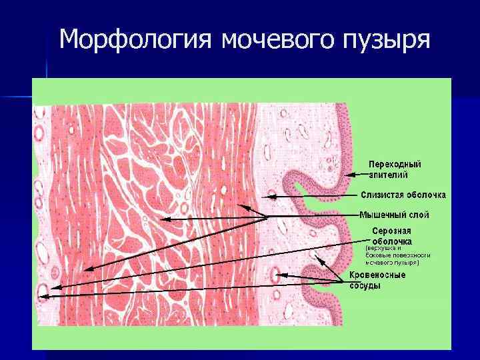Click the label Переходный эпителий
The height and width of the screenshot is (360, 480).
pos(395,169)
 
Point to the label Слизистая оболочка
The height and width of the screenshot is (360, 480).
pos(403,195)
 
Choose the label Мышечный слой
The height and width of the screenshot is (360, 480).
pos(394,215)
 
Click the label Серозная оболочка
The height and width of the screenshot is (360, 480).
pos(392,236)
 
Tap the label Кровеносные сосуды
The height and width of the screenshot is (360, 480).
pos(377,280)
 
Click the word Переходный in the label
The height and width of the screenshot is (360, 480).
pos(395,164)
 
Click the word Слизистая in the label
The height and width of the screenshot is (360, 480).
pos(382,195)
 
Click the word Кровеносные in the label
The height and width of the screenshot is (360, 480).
pos(377,275)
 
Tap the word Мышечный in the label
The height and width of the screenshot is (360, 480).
pos(382,215)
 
